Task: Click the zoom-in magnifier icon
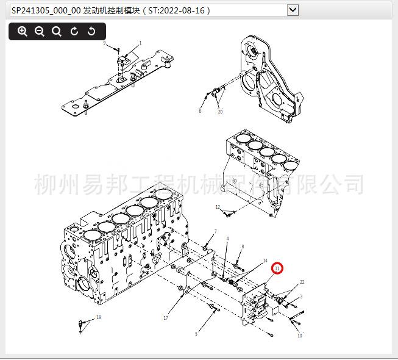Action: [23, 32]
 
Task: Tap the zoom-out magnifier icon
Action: [40, 32]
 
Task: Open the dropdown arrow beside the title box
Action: [293, 9]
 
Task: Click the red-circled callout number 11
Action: [277, 268]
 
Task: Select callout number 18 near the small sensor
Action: [99, 317]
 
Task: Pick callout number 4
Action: [227, 239]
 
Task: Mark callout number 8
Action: [243, 247]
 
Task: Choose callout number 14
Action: [265, 261]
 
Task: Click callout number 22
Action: [302, 282]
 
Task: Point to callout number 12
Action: [218, 207]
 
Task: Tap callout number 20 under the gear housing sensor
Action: [220, 112]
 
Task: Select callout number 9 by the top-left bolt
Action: [104, 43]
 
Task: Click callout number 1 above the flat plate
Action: [140, 43]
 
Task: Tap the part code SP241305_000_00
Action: [46, 10]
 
